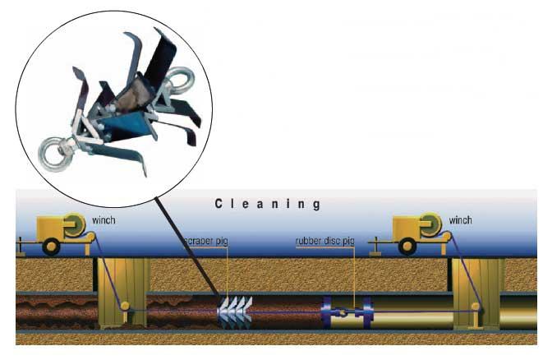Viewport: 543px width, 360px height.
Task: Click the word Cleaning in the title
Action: click(268, 203)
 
